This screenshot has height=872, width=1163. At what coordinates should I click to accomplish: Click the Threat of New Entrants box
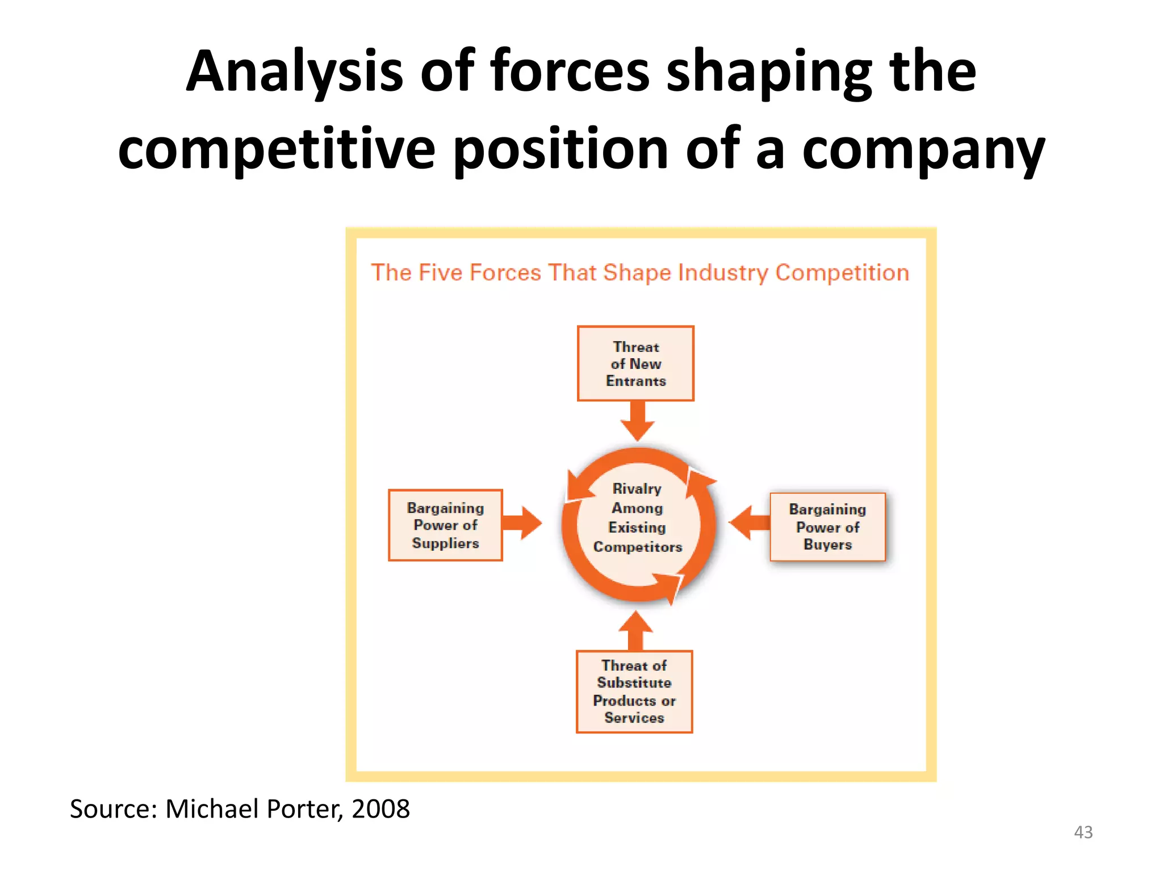(x=635, y=363)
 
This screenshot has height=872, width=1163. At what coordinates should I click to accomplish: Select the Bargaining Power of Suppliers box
(x=445, y=525)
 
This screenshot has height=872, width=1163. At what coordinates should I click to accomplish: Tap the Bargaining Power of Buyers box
(x=827, y=527)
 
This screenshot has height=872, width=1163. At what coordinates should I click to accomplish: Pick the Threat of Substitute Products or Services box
(x=634, y=691)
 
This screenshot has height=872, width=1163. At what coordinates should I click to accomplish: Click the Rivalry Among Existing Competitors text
(x=637, y=518)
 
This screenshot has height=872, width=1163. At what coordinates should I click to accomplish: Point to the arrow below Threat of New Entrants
(x=638, y=421)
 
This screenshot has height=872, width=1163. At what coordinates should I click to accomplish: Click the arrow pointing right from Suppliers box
(x=522, y=523)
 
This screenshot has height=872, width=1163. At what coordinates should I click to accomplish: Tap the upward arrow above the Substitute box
(x=635, y=630)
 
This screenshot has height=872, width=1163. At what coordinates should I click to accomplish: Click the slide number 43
(x=1083, y=832)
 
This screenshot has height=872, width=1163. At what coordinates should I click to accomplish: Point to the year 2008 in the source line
(x=380, y=808)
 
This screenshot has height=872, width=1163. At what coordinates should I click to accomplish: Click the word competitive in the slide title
(x=277, y=149)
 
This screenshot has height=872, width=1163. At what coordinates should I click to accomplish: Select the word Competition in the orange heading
(x=842, y=273)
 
